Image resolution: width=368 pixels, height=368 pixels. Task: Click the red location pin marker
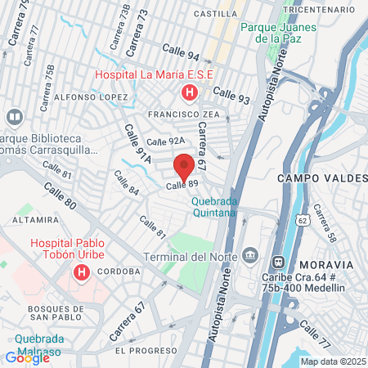[x=185, y=168]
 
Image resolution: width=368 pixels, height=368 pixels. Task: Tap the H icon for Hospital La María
[x=190, y=92]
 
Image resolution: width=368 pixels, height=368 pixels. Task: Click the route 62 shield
[x=303, y=220]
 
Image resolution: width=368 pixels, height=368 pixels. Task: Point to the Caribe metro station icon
[x=277, y=262]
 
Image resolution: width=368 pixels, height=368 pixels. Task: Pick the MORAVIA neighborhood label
[x=326, y=265]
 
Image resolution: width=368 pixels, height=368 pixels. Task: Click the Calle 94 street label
[x=181, y=53]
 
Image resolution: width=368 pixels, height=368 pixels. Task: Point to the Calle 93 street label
[x=233, y=97]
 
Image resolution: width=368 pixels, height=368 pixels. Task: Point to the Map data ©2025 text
[x=333, y=361]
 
